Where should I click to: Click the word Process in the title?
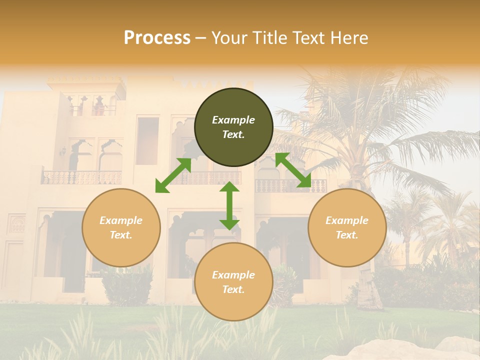(157, 38)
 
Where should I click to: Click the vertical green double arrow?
(229, 205)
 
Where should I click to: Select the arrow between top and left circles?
(173, 175)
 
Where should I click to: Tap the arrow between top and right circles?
(293, 170)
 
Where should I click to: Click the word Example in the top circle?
(233, 120)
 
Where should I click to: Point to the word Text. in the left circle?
(121, 235)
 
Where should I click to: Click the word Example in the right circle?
(347, 220)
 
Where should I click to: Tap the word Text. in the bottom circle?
(233, 289)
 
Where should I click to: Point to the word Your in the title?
(227, 38)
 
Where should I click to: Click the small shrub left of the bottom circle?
(127, 285)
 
